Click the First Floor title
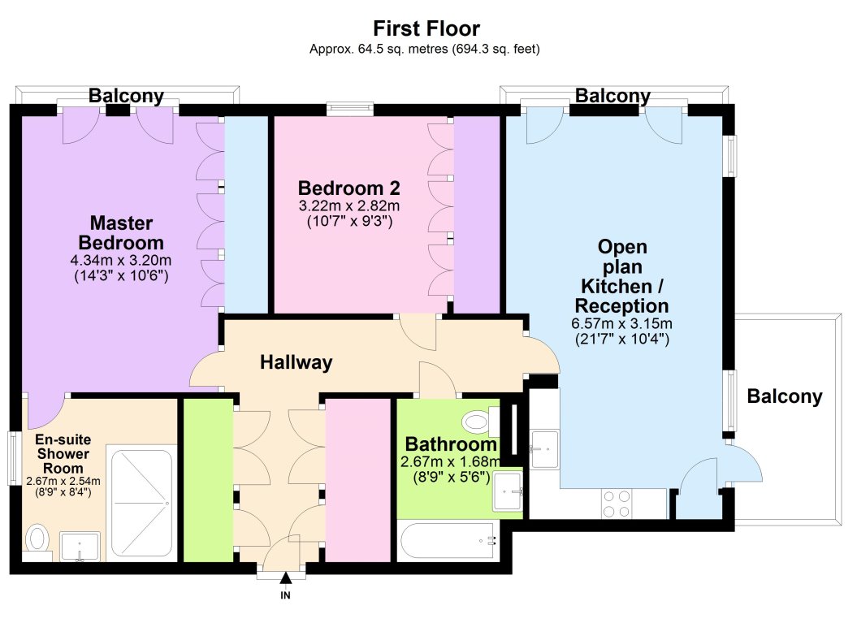point(426,28)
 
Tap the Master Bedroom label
point(121,233)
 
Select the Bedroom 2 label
point(348,188)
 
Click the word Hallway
point(296,361)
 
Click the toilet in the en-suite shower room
point(37,540)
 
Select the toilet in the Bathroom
point(477,422)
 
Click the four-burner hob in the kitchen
point(617,504)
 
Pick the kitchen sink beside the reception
point(544,449)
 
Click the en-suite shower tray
point(142,504)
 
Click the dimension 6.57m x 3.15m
point(622,323)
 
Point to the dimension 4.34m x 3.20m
point(121,260)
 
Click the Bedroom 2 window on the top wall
point(350,110)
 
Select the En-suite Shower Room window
point(14,458)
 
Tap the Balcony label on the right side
point(785,396)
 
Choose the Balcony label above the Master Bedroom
point(126,96)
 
